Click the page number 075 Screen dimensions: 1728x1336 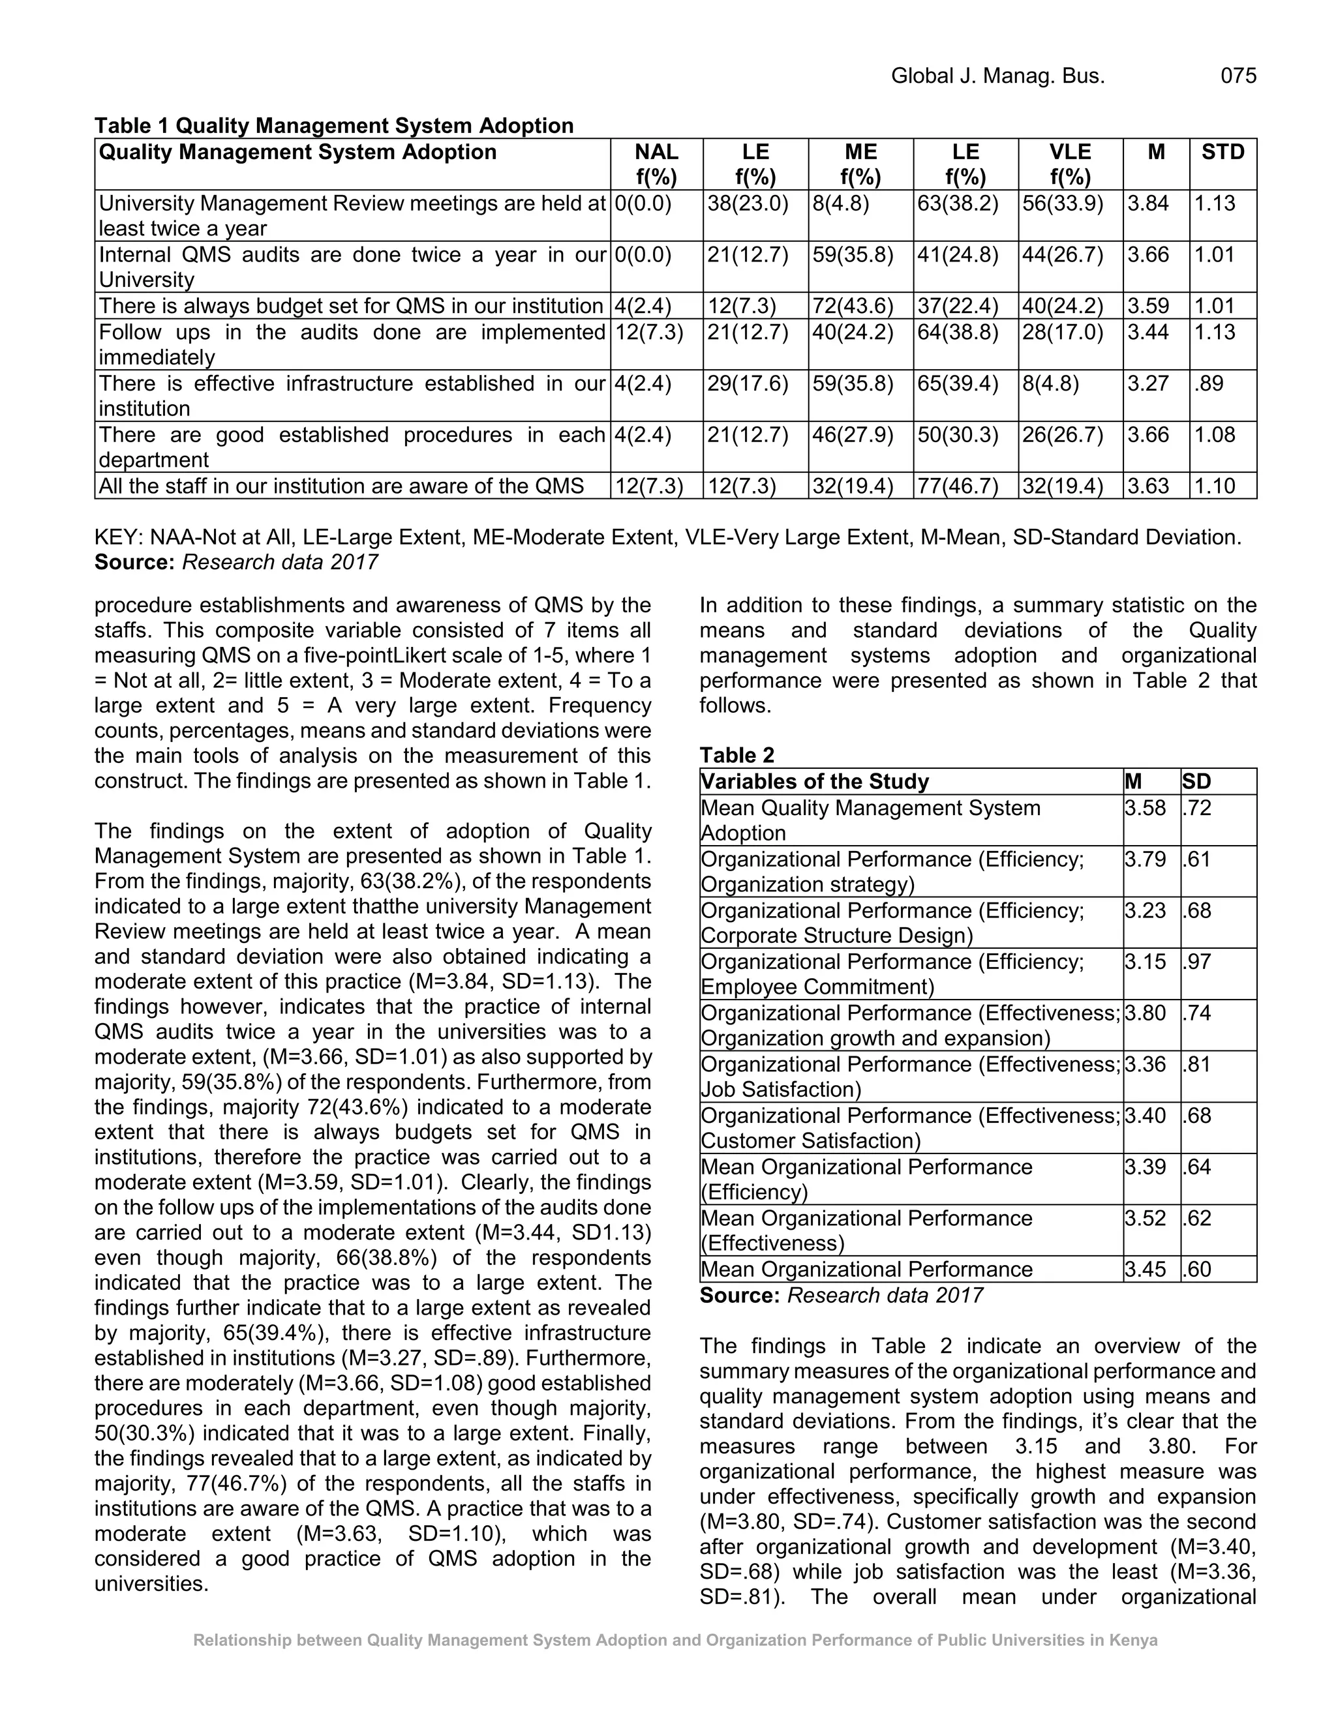point(1238,76)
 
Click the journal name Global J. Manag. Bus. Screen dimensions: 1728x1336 point(997,76)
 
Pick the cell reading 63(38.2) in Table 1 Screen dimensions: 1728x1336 point(958,203)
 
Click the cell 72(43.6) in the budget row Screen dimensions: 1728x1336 point(853,306)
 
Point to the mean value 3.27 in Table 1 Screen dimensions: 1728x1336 point(1147,383)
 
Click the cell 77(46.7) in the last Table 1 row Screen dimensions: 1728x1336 point(958,486)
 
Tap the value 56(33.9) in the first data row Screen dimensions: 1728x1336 point(1062,203)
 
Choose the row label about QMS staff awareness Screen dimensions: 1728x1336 point(341,486)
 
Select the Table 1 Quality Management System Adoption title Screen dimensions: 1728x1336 point(334,126)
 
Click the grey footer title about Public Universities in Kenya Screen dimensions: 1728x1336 point(675,1640)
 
